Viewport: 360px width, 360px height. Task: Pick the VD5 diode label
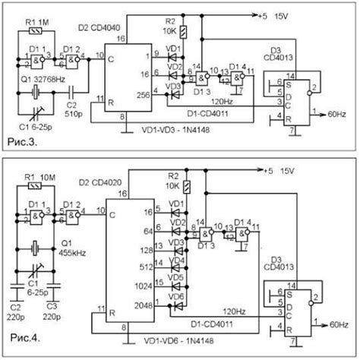pos(178,276)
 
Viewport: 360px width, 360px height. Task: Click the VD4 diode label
pos(178,259)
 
